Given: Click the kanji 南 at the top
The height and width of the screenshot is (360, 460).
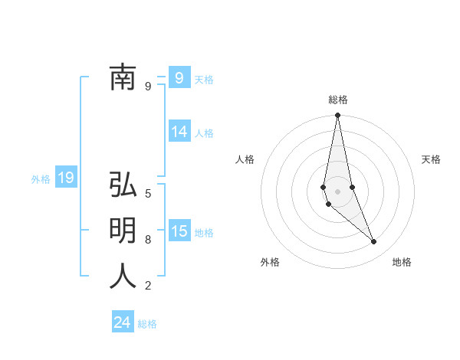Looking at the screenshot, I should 123,77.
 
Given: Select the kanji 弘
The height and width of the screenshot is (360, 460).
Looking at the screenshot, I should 123,185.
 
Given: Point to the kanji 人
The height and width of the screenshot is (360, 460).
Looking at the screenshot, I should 123,276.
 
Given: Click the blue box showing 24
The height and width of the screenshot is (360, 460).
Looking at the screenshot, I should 123,322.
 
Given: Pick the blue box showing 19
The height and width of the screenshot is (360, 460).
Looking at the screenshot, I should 66,178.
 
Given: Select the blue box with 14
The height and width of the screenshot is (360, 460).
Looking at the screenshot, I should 179,132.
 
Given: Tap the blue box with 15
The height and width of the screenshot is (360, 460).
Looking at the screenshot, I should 179,231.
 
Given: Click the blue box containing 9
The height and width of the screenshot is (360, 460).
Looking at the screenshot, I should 179,77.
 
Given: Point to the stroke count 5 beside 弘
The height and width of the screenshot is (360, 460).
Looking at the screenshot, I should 148,193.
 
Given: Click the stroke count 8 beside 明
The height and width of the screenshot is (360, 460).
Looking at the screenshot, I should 148,239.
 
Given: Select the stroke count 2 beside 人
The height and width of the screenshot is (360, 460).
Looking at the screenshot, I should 148,286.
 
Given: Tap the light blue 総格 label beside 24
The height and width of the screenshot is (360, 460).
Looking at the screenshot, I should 147,324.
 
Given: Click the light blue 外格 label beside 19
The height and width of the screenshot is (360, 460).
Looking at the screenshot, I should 41,179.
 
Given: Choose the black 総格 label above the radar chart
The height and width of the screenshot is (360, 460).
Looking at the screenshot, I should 338,100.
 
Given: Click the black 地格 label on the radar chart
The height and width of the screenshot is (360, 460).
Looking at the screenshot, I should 402,262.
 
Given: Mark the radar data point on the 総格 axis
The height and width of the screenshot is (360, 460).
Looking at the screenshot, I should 337,116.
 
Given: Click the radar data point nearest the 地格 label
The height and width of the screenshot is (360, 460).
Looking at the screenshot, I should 374,242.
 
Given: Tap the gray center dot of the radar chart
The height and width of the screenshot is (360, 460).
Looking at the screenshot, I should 337,191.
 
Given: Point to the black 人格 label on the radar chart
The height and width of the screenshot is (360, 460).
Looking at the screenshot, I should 245,159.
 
